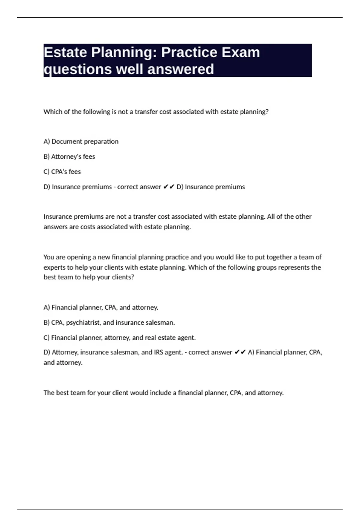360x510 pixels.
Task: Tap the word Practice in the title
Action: (189, 52)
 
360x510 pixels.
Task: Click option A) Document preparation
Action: (81, 141)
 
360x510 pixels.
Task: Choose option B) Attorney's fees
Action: (69, 157)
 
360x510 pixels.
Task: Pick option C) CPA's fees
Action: (62, 172)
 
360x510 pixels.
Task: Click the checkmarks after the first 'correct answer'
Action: (169, 187)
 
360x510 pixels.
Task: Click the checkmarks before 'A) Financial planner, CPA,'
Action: (240, 352)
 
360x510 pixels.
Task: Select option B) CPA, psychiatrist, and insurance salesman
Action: (109, 322)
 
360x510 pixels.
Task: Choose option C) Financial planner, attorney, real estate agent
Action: (119, 338)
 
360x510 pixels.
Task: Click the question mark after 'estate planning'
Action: (267, 112)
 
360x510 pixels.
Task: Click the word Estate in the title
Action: (65, 52)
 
